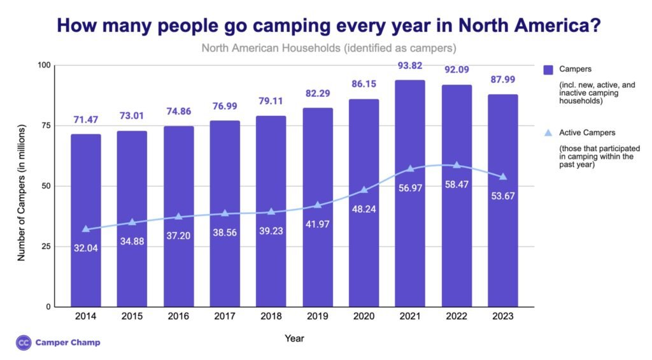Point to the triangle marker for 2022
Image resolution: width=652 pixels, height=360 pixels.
pos(457,165)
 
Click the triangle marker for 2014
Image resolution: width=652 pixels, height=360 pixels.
pos(85,229)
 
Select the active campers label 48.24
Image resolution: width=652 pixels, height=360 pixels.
pos(364,206)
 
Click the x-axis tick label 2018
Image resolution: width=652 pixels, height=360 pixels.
pos(271,316)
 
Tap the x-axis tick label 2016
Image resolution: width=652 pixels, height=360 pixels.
pos(178,316)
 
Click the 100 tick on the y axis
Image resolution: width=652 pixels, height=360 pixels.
pos(43,65)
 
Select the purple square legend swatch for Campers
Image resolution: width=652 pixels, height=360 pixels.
pos(548,69)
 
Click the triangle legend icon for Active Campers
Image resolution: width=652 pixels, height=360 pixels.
pos(548,133)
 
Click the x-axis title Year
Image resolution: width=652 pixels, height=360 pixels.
pos(294,338)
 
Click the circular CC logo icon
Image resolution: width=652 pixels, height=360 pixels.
pos(23,342)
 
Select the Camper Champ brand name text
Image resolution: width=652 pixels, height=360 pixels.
pos(67,342)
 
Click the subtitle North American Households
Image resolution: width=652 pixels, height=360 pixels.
pos(329,48)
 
